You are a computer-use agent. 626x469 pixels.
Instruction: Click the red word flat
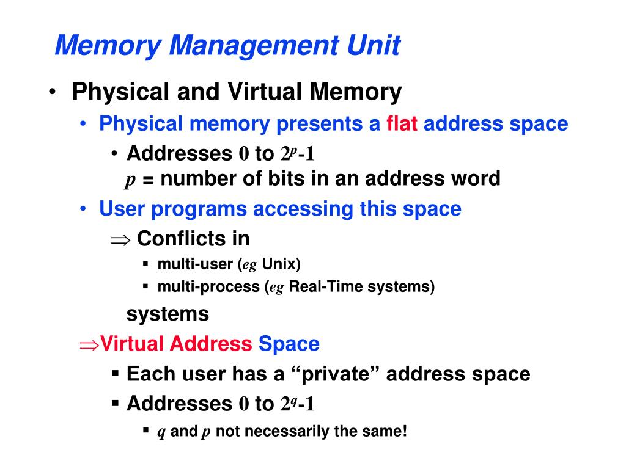pos(402,124)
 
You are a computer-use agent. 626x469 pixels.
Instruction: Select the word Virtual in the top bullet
pos(265,92)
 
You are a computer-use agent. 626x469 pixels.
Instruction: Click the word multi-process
pos(208,287)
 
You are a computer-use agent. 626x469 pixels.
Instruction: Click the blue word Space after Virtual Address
pos(289,344)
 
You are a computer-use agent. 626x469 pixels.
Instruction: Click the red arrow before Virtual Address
pos(89,344)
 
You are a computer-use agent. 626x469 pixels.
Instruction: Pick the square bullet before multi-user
pos(146,264)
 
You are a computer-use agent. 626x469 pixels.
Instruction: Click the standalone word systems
pos(168,314)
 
